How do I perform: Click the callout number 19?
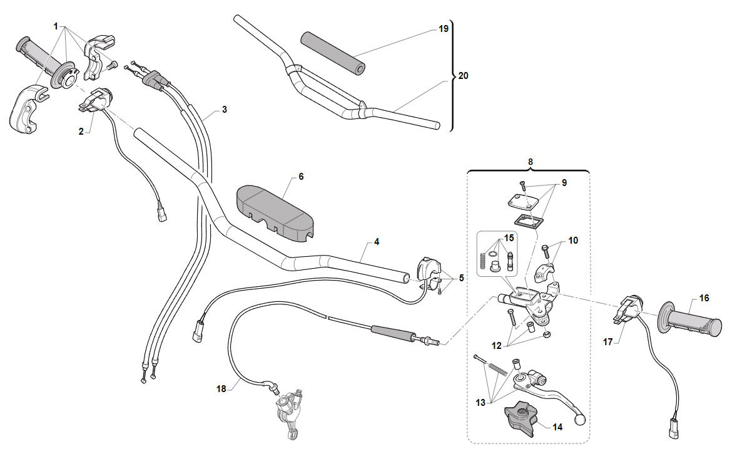[x=444, y=29]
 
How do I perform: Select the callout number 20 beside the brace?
[x=463, y=76]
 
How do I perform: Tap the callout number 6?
[x=301, y=177]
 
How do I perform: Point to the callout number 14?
[x=557, y=427]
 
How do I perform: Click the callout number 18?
[x=221, y=389]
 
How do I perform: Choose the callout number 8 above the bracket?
[x=531, y=162]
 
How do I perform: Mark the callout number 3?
[x=225, y=110]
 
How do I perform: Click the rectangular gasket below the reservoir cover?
[x=529, y=222]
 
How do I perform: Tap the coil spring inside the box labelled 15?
[x=482, y=261]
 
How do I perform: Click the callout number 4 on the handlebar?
[x=377, y=242]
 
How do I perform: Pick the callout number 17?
[x=608, y=342]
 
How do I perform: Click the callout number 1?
[x=56, y=26]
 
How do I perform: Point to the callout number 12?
[x=496, y=346]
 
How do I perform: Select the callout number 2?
[x=81, y=132]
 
